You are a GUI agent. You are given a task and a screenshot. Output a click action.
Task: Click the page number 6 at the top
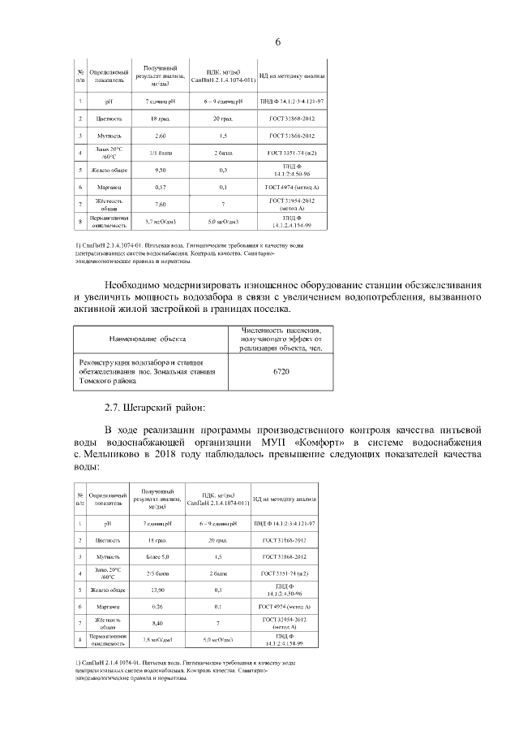[x=277, y=42]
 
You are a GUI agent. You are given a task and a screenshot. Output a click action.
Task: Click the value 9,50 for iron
[x=160, y=171]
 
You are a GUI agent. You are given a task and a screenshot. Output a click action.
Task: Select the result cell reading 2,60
[x=160, y=136]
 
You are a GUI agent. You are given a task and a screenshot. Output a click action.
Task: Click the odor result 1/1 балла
[x=160, y=153]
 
